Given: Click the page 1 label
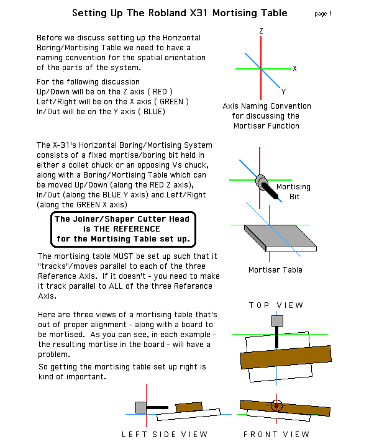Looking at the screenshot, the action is pyautogui.click(x=323, y=14).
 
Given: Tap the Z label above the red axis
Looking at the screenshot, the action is pyautogui.click(x=261, y=31).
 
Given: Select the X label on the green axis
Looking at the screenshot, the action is pyautogui.click(x=294, y=69).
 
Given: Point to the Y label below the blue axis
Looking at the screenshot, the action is pyautogui.click(x=283, y=92).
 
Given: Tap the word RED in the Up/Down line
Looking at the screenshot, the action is pyautogui.click(x=160, y=92).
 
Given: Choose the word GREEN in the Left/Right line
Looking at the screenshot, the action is pyautogui.click(x=171, y=102).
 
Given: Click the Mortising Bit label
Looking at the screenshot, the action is pyautogui.click(x=293, y=192).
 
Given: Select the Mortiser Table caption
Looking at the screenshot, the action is pyautogui.click(x=275, y=270).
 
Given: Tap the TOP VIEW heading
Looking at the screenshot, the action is pyautogui.click(x=276, y=305).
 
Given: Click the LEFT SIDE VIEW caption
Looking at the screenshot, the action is pyautogui.click(x=165, y=435).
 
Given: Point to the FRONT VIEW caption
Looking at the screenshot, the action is pyautogui.click(x=276, y=435).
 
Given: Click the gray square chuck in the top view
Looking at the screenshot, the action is pyautogui.click(x=277, y=321).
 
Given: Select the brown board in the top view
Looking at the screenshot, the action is pyautogui.click(x=286, y=357).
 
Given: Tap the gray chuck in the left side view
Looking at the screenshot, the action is pyautogui.click(x=141, y=407).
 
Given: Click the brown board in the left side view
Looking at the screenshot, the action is pyautogui.click(x=189, y=407).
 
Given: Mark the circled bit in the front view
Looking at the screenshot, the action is pyautogui.click(x=276, y=405).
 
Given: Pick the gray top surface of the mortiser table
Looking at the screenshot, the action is pyautogui.click(x=280, y=235).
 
